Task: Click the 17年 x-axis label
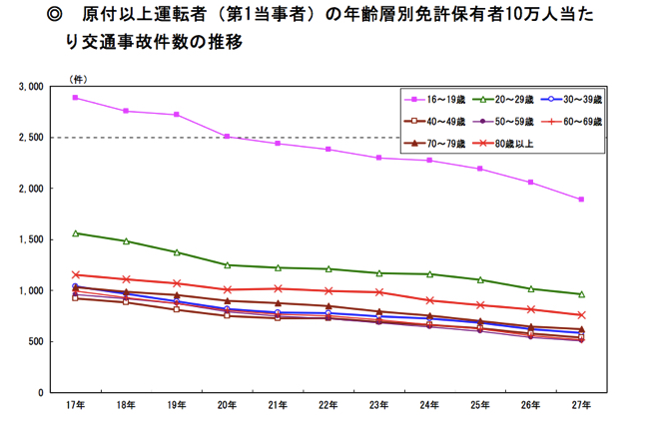pyautogui.click(x=75, y=405)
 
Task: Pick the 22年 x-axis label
pyautogui.click(x=327, y=405)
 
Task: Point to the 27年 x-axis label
pyautogui.click(x=580, y=405)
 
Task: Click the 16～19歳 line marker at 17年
pyautogui.click(x=75, y=98)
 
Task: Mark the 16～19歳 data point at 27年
pyautogui.click(x=580, y=200)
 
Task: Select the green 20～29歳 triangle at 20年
pyautogui.click(x=227, y=264)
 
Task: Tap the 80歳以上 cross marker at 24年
pyautogui.click(x=429, y=300)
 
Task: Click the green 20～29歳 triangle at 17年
pyautogui.click(x=75, y=233)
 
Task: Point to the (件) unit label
pyautogui.click(x=77, y=77)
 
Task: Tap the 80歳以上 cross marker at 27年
pyautogui.click(x=580, y=315)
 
